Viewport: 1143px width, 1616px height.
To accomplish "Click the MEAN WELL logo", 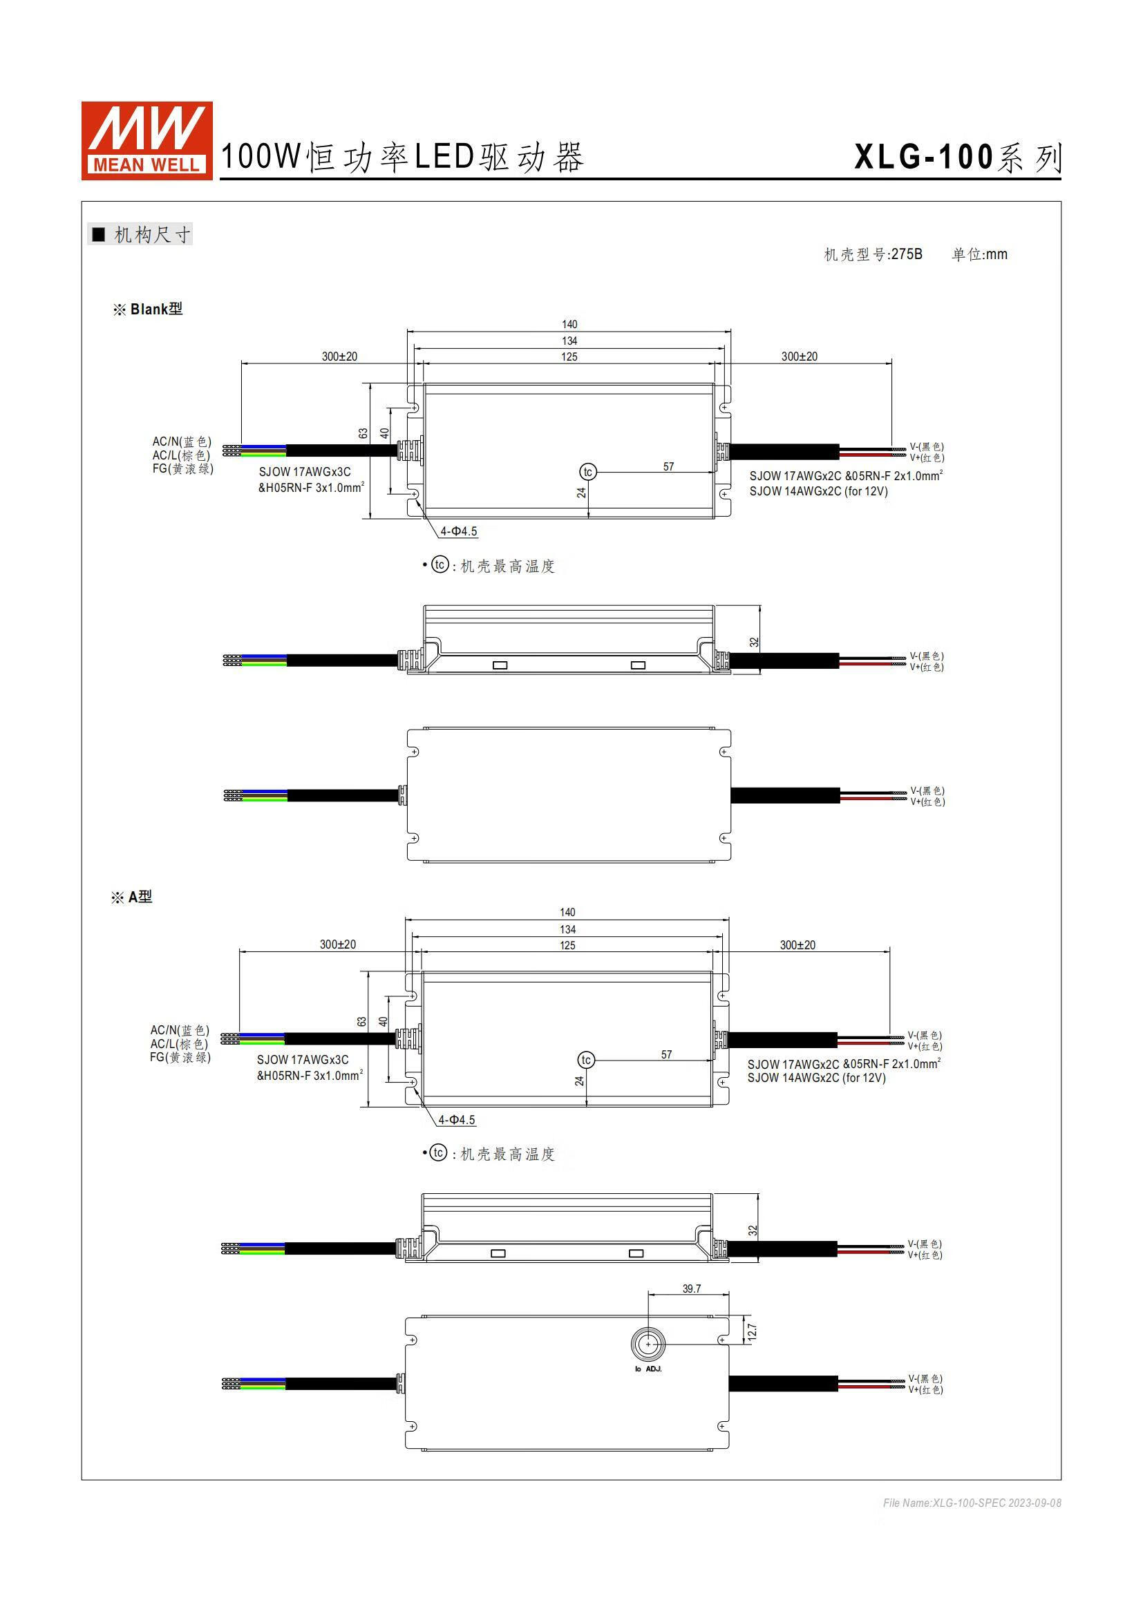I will pos(147,141).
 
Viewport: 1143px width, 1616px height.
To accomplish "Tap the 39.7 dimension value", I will pos(691,1289).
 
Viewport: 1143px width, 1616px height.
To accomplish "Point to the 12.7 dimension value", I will pos(752,1331).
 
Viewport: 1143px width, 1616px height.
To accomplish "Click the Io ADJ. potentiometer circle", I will pos(648,1344).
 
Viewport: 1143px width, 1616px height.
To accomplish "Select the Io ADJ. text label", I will pos(648,1369).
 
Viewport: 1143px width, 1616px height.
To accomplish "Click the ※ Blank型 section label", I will pos(148,309).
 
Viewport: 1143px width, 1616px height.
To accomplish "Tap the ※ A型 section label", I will pos(131,897).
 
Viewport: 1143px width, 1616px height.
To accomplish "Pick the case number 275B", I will pos(907,254).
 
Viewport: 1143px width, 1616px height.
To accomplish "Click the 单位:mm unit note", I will pos(979,254).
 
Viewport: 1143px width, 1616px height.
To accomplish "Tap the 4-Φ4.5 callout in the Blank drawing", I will pos(459,531).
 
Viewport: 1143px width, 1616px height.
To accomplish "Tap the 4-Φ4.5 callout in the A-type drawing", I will pos(457,1119).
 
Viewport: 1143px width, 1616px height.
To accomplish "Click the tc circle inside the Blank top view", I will pos(587,473).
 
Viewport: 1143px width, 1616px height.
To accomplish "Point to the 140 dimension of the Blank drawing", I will pos(569,325).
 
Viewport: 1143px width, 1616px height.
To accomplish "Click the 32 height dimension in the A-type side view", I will pos(753,1230).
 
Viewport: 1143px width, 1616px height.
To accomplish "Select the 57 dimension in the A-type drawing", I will pos(666,1054).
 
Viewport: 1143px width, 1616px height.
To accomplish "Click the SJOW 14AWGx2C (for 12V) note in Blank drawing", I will pos(818,491).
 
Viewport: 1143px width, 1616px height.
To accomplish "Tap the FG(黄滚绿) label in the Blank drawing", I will pos(182,468).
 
